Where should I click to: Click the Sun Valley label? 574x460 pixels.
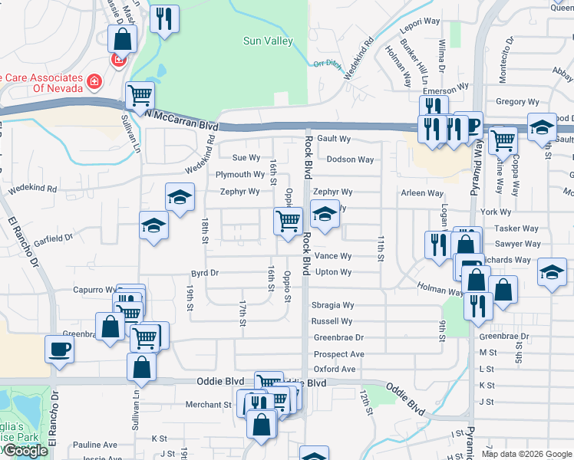point(268,41)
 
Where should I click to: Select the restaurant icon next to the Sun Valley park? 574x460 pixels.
point(163,19)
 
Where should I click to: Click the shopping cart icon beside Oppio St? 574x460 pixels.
point(288,222)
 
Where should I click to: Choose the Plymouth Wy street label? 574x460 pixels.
point(240,175)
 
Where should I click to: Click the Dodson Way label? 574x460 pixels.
point(350,159)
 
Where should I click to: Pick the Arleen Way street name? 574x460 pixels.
point(422,193)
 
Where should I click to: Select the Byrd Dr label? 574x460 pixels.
point(205,272)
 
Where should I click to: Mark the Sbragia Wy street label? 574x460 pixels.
point(332,305)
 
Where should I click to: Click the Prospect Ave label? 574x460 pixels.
point(338,354)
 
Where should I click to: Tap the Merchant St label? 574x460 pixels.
point(206,404)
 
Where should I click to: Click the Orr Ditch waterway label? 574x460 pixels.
point(325,64)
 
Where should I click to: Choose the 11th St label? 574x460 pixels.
point(380,249)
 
